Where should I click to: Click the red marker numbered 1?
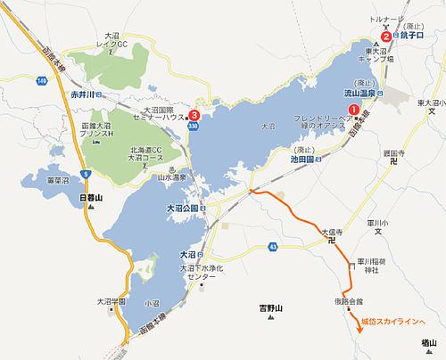[x=353, y=110]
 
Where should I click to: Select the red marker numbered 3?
[x=194, y=115]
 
